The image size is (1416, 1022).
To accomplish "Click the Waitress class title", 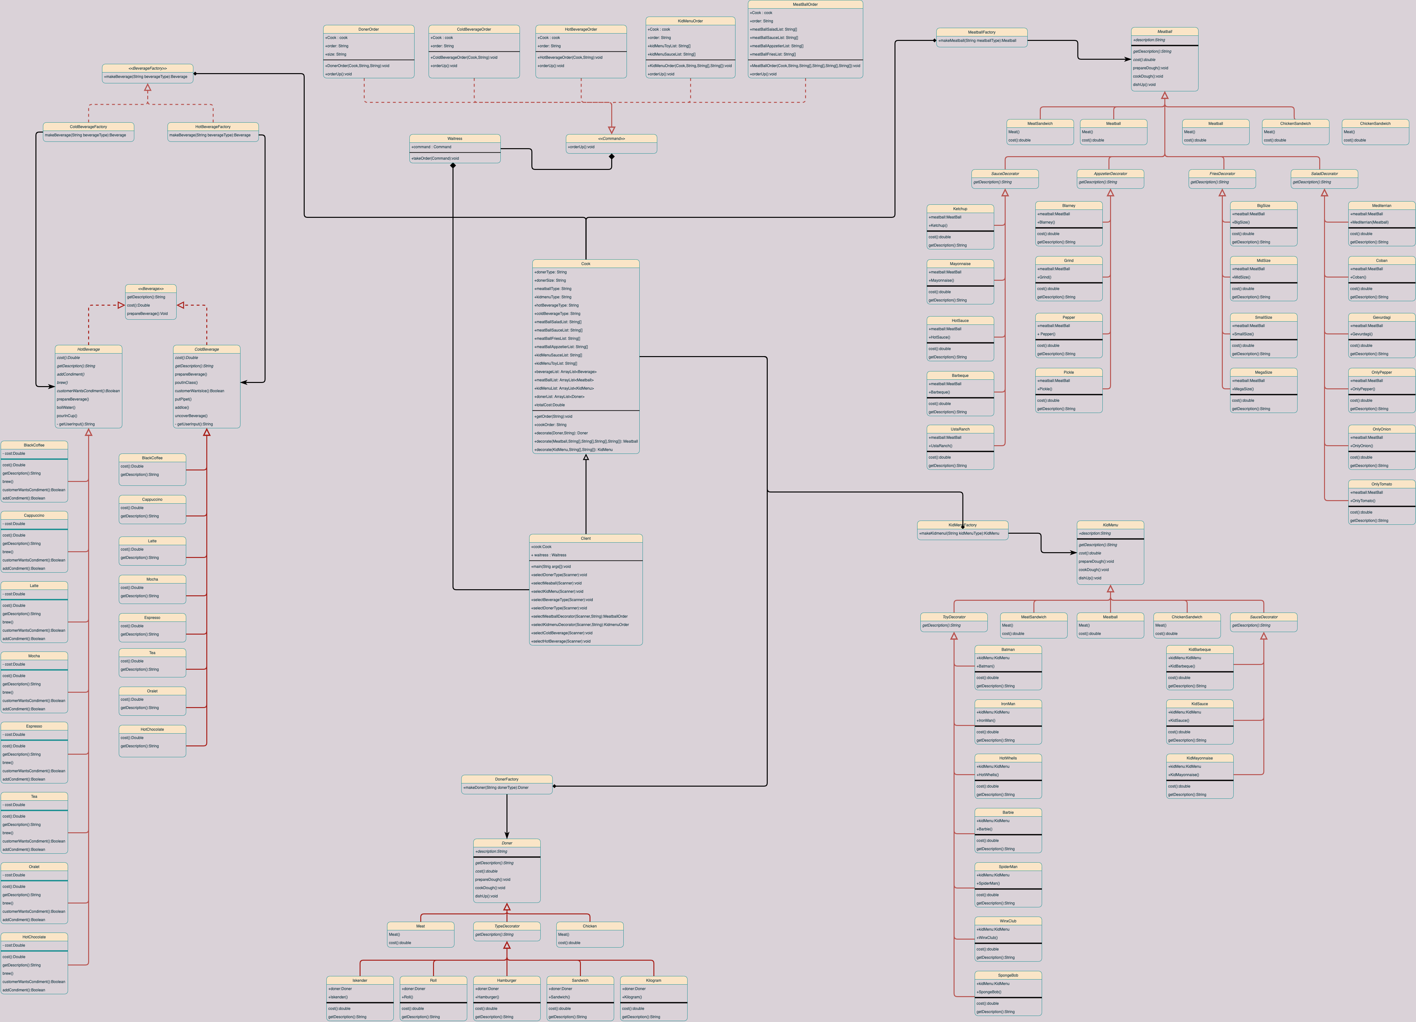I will pyautogui.click(x=454, y=139).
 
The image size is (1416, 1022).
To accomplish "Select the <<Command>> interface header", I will pyautogui.click(x=611, y=139).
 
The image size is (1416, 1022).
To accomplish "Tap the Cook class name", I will pyautogui.click(x=586, y=263).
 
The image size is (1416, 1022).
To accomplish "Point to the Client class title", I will pyautogui.click(x=586, y=538).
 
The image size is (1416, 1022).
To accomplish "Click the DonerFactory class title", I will pyautogui.click(x=506, y=779).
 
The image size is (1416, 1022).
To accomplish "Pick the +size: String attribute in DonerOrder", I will pyautogui.click(x=336, y=54).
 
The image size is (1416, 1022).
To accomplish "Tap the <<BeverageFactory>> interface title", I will pyautogui.click(x=147, y=68).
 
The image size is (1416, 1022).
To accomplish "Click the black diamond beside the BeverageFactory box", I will pyautogui.click(x=195, y=74).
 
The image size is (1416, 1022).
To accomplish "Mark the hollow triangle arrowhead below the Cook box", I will pyautogui.click(x=586, y=458).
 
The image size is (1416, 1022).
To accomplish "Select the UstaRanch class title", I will pyautogui.click(x=960, y=429).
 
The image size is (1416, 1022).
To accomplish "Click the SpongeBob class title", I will pyautogui.click(x=1008, y=975).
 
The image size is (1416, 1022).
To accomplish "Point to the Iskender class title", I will pyautogui.click(x=360, y=980).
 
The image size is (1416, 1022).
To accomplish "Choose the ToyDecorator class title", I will pyautogui.click(x=954, y=617).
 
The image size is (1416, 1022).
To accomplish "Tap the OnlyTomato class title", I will pyautogui.click(x=1382, y=484).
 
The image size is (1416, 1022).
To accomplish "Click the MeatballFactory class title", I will pyautogui.click(x=981, y=32).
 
